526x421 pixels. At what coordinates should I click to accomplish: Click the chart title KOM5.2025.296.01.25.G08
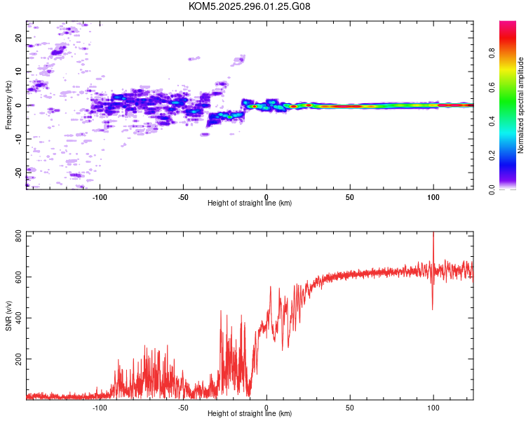click(249, 6)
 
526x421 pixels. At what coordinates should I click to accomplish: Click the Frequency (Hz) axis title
click(8, 105)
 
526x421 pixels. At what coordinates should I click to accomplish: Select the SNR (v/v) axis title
click(8, 316)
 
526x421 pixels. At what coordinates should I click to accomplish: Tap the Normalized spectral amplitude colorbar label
click(520, 105)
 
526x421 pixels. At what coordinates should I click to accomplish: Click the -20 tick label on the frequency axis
click(18, 173)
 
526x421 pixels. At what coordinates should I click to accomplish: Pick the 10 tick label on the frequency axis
click(18, 72)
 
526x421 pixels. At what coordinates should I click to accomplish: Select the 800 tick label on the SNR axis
click(18, 236)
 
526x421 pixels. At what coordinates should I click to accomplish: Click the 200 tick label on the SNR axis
click(18, 359)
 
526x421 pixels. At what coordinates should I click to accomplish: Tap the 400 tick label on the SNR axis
click(18, 318)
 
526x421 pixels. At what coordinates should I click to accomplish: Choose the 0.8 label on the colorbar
click(492, 53)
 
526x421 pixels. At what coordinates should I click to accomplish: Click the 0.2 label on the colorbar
click(492, 155)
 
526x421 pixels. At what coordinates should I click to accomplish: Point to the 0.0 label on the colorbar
click(492, 189)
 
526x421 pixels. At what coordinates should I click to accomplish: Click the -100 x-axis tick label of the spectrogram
click(100, 197)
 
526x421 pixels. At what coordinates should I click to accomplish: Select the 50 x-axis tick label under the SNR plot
click(349, 408)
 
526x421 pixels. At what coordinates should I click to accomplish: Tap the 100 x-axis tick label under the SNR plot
click(433, 408)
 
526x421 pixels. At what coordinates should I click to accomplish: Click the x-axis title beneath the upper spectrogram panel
click(250, 203)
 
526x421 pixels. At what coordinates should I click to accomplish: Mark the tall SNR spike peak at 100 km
click(433, 232)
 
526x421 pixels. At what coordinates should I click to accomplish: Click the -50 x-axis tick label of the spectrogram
click(183, 197)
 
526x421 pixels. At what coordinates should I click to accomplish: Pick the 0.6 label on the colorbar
click(492, 87)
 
